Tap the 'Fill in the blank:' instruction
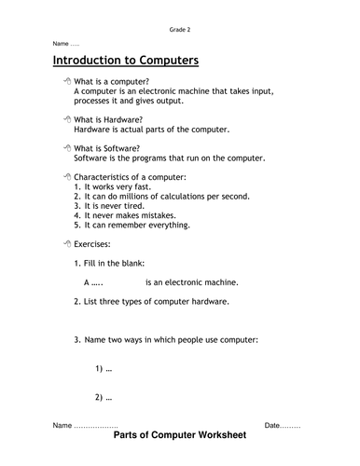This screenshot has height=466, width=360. [120, 263]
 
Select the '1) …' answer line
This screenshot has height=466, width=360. [104, 369]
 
